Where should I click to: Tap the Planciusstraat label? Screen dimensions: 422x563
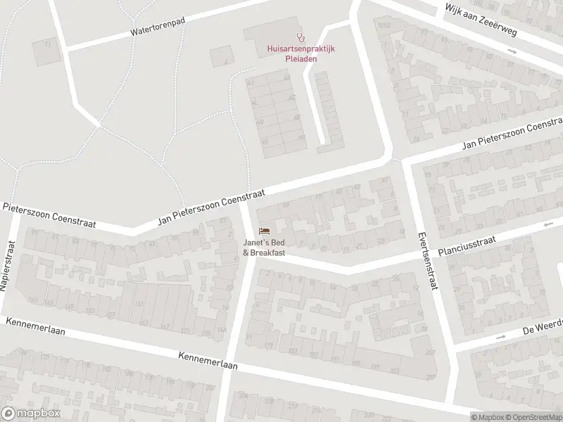click(x=466, y=247)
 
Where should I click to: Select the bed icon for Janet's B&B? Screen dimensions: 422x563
click(x=265, y=230)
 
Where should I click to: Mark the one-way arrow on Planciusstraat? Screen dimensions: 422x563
click(x=548, y=224)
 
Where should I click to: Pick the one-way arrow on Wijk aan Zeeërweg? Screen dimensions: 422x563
click(x=513, y=51)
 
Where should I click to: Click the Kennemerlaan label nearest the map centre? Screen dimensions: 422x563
click(x=208, y=361)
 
